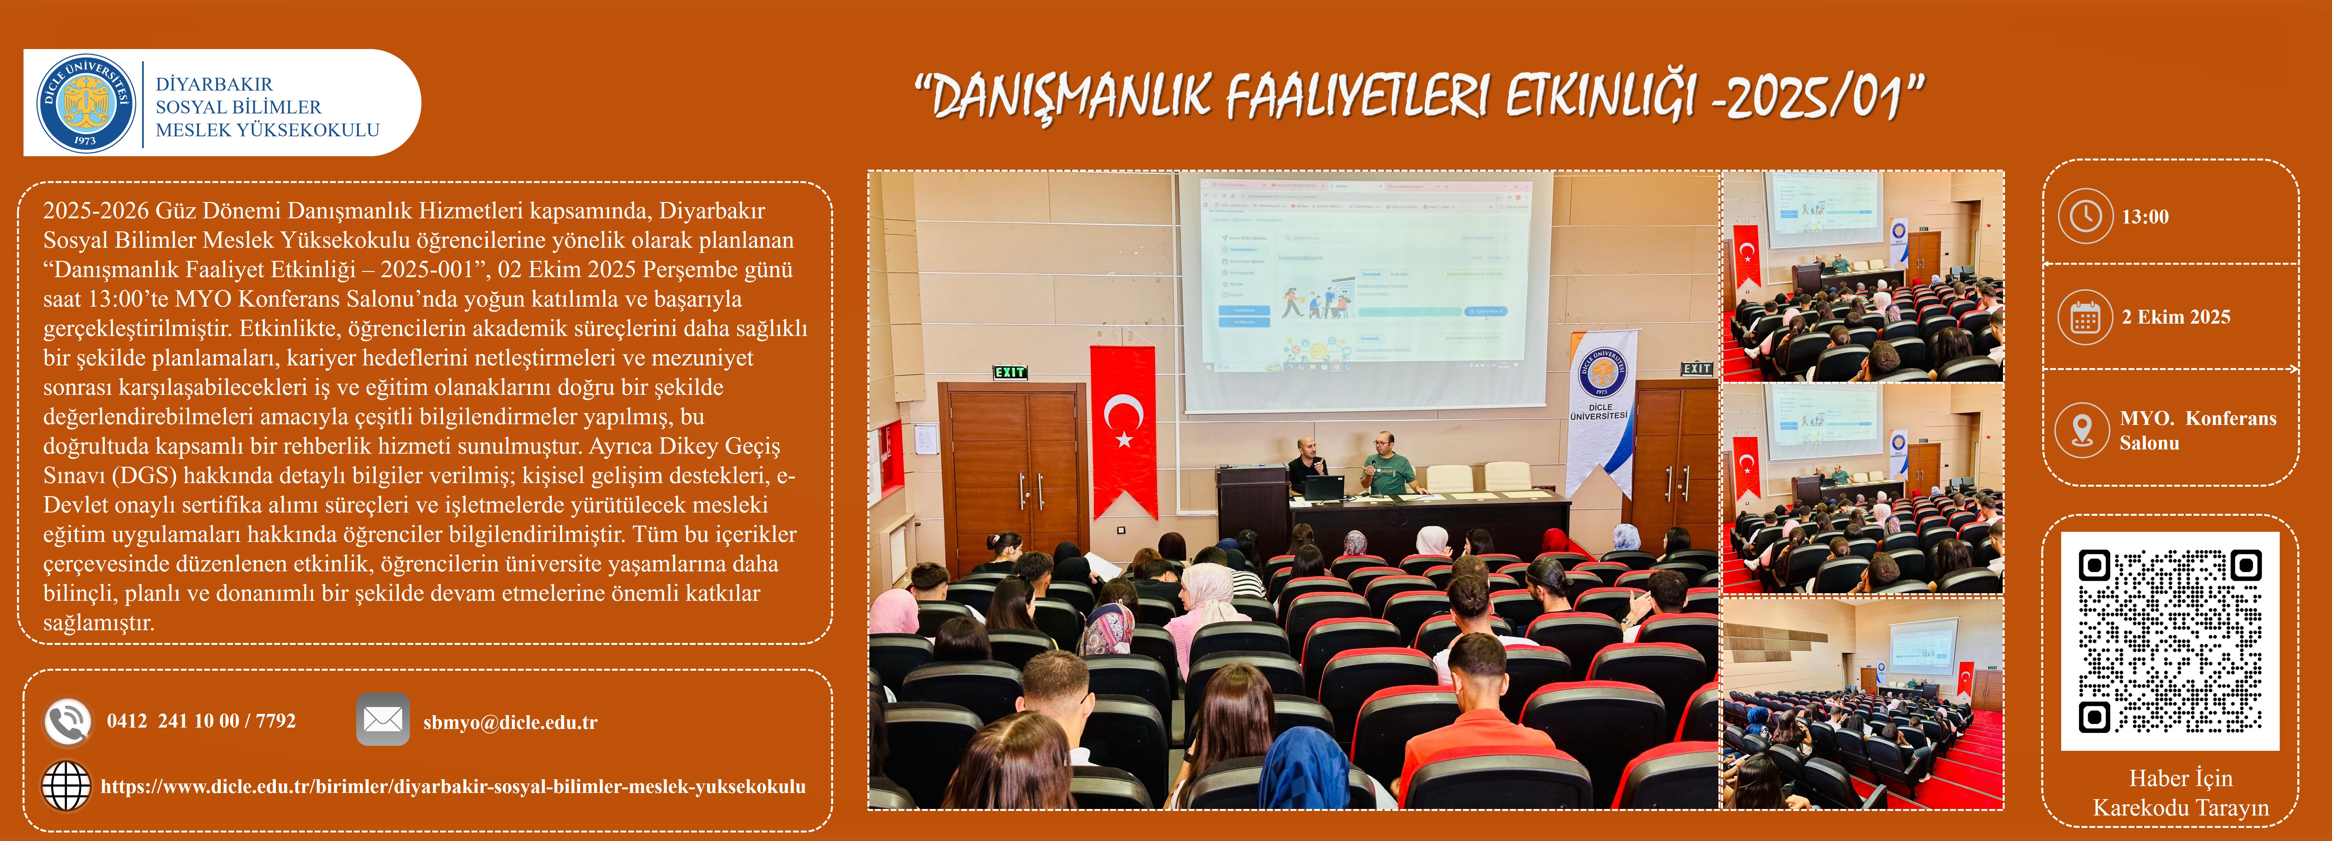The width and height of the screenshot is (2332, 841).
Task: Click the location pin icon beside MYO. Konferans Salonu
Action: pyautogui.click(x=2082, y=429)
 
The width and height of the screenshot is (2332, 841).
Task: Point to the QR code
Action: pyautogui.click(x=2170, y=641)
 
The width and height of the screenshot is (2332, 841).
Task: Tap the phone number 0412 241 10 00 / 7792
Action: pyautogui.click(x=201, y=721)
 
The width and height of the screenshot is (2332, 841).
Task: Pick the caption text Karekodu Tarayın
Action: pyautogui.click(x=2181, y=808)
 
